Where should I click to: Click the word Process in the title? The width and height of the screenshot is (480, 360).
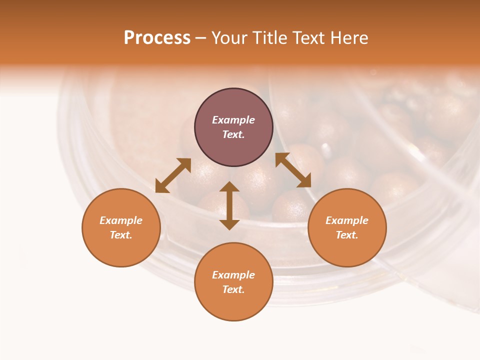point(157,38)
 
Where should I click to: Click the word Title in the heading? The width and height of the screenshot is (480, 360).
point(268,38)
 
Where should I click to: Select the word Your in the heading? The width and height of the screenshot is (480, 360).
point(229,38)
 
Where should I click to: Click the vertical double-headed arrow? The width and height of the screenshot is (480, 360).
point(229,205)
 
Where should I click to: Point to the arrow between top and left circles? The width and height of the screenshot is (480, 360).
point(173,175)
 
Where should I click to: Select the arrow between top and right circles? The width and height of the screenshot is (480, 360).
point(293,170)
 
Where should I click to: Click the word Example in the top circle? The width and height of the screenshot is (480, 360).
point(233,120)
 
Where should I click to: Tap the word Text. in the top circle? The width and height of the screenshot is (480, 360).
point(233,134)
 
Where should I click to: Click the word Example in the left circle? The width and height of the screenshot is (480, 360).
point(121,220)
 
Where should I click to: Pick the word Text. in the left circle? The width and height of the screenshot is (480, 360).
point(121,235)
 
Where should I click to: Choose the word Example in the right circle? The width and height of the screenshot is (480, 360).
point(347,220)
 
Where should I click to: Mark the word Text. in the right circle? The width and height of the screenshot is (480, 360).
point(347,235)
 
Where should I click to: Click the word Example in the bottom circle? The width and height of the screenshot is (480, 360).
point(233,275)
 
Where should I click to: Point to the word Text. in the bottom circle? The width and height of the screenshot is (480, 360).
point(233,289)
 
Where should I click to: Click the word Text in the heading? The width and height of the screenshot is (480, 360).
point(306,38)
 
